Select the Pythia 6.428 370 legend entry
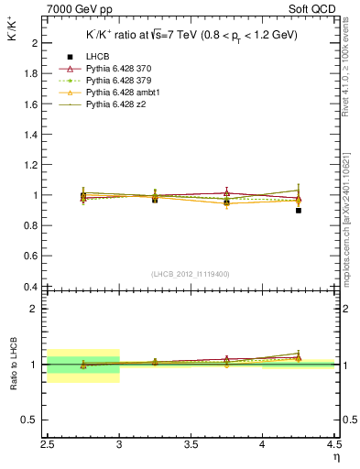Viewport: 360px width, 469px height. pos(116,69)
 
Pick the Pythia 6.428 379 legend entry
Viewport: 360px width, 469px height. pos(116,81)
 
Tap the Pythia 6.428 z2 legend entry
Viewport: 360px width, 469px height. pos(115,104)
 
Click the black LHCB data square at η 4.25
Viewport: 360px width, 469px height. pos(299,211)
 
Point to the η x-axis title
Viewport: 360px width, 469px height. pos(337,456)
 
